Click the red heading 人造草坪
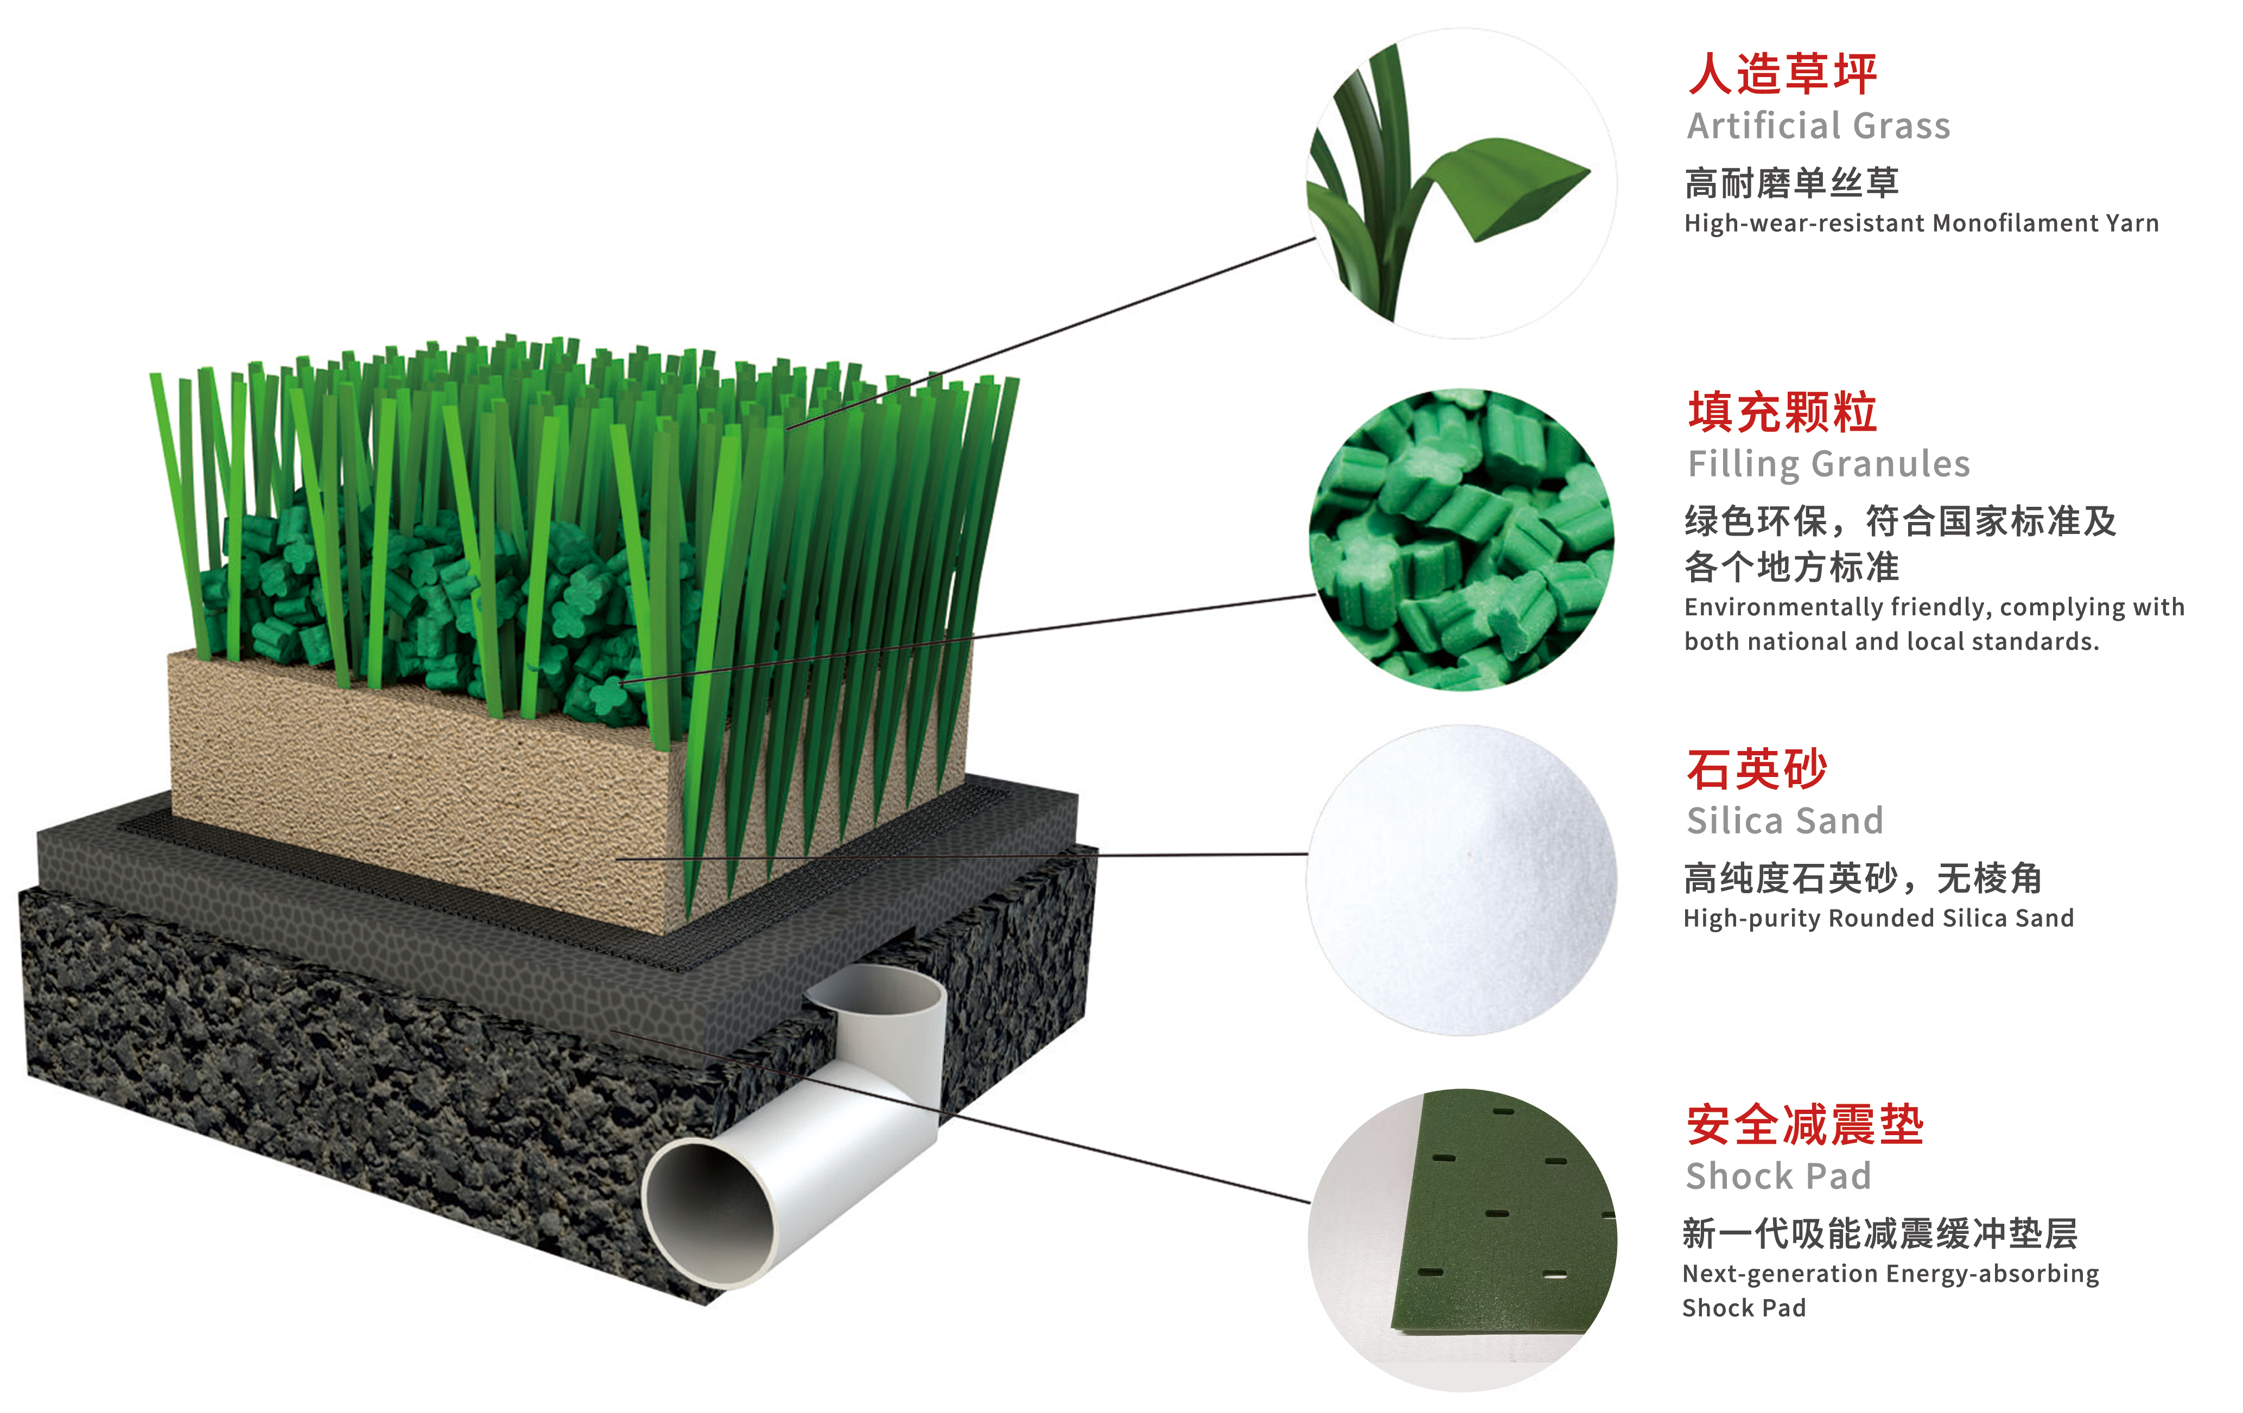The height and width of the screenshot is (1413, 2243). point(1782,74)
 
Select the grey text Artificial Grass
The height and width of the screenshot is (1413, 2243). point(1818,126)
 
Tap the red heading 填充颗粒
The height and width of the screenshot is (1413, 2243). point(1782,412)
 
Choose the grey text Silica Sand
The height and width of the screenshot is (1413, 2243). point(1785,820)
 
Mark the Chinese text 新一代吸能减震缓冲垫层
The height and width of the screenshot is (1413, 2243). point(1880,1234)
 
